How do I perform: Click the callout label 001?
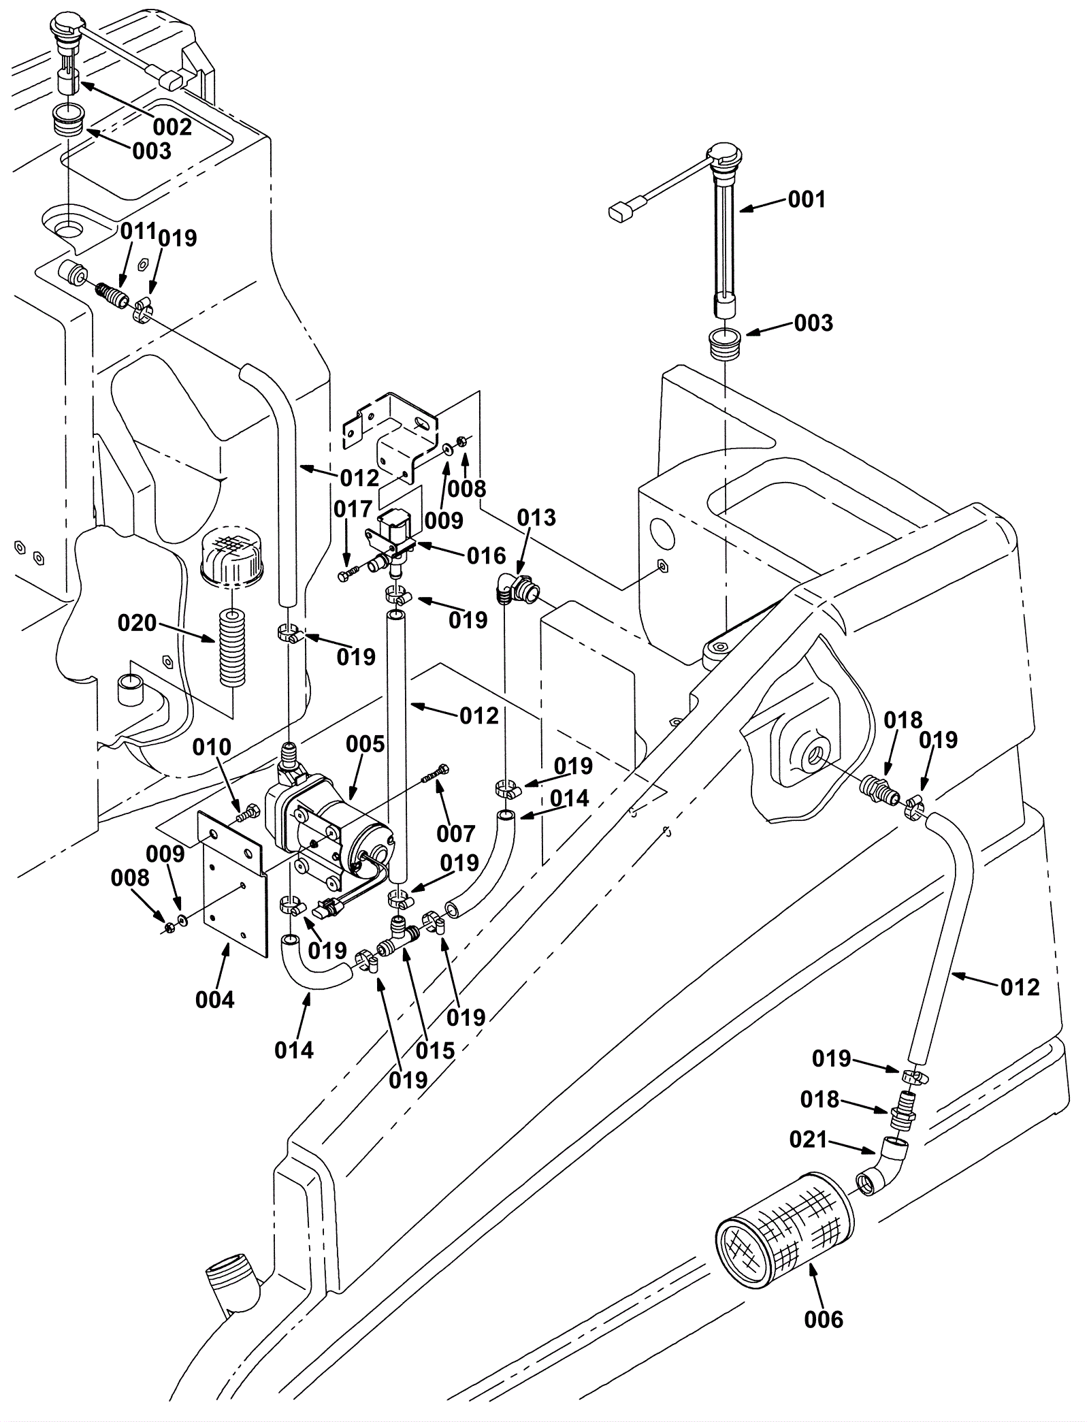(x=807, y=200)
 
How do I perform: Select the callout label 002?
(x=172, y=127)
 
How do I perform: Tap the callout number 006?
(x=824, y=1320)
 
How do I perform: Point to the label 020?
(x=137, y=623)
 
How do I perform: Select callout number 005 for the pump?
(x=365, y=745)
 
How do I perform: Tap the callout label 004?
(x=215, y=1000)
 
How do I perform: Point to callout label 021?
(x=808, y=1140)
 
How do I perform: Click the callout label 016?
(x=487, y=556)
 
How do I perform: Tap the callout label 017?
(x=353, y=509)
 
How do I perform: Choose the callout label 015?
(x=435, y=1050)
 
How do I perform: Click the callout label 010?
(x=212, y=747)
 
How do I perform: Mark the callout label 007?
(x=455, y=833)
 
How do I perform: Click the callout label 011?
(x=139, y=231)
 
